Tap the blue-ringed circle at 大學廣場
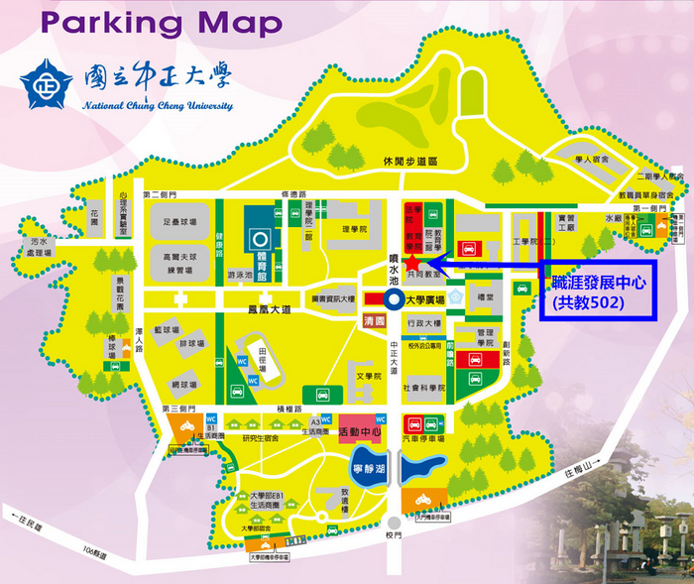tap(394, 298)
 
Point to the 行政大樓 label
tap(422, 323)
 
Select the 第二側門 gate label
tap(160, 195)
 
